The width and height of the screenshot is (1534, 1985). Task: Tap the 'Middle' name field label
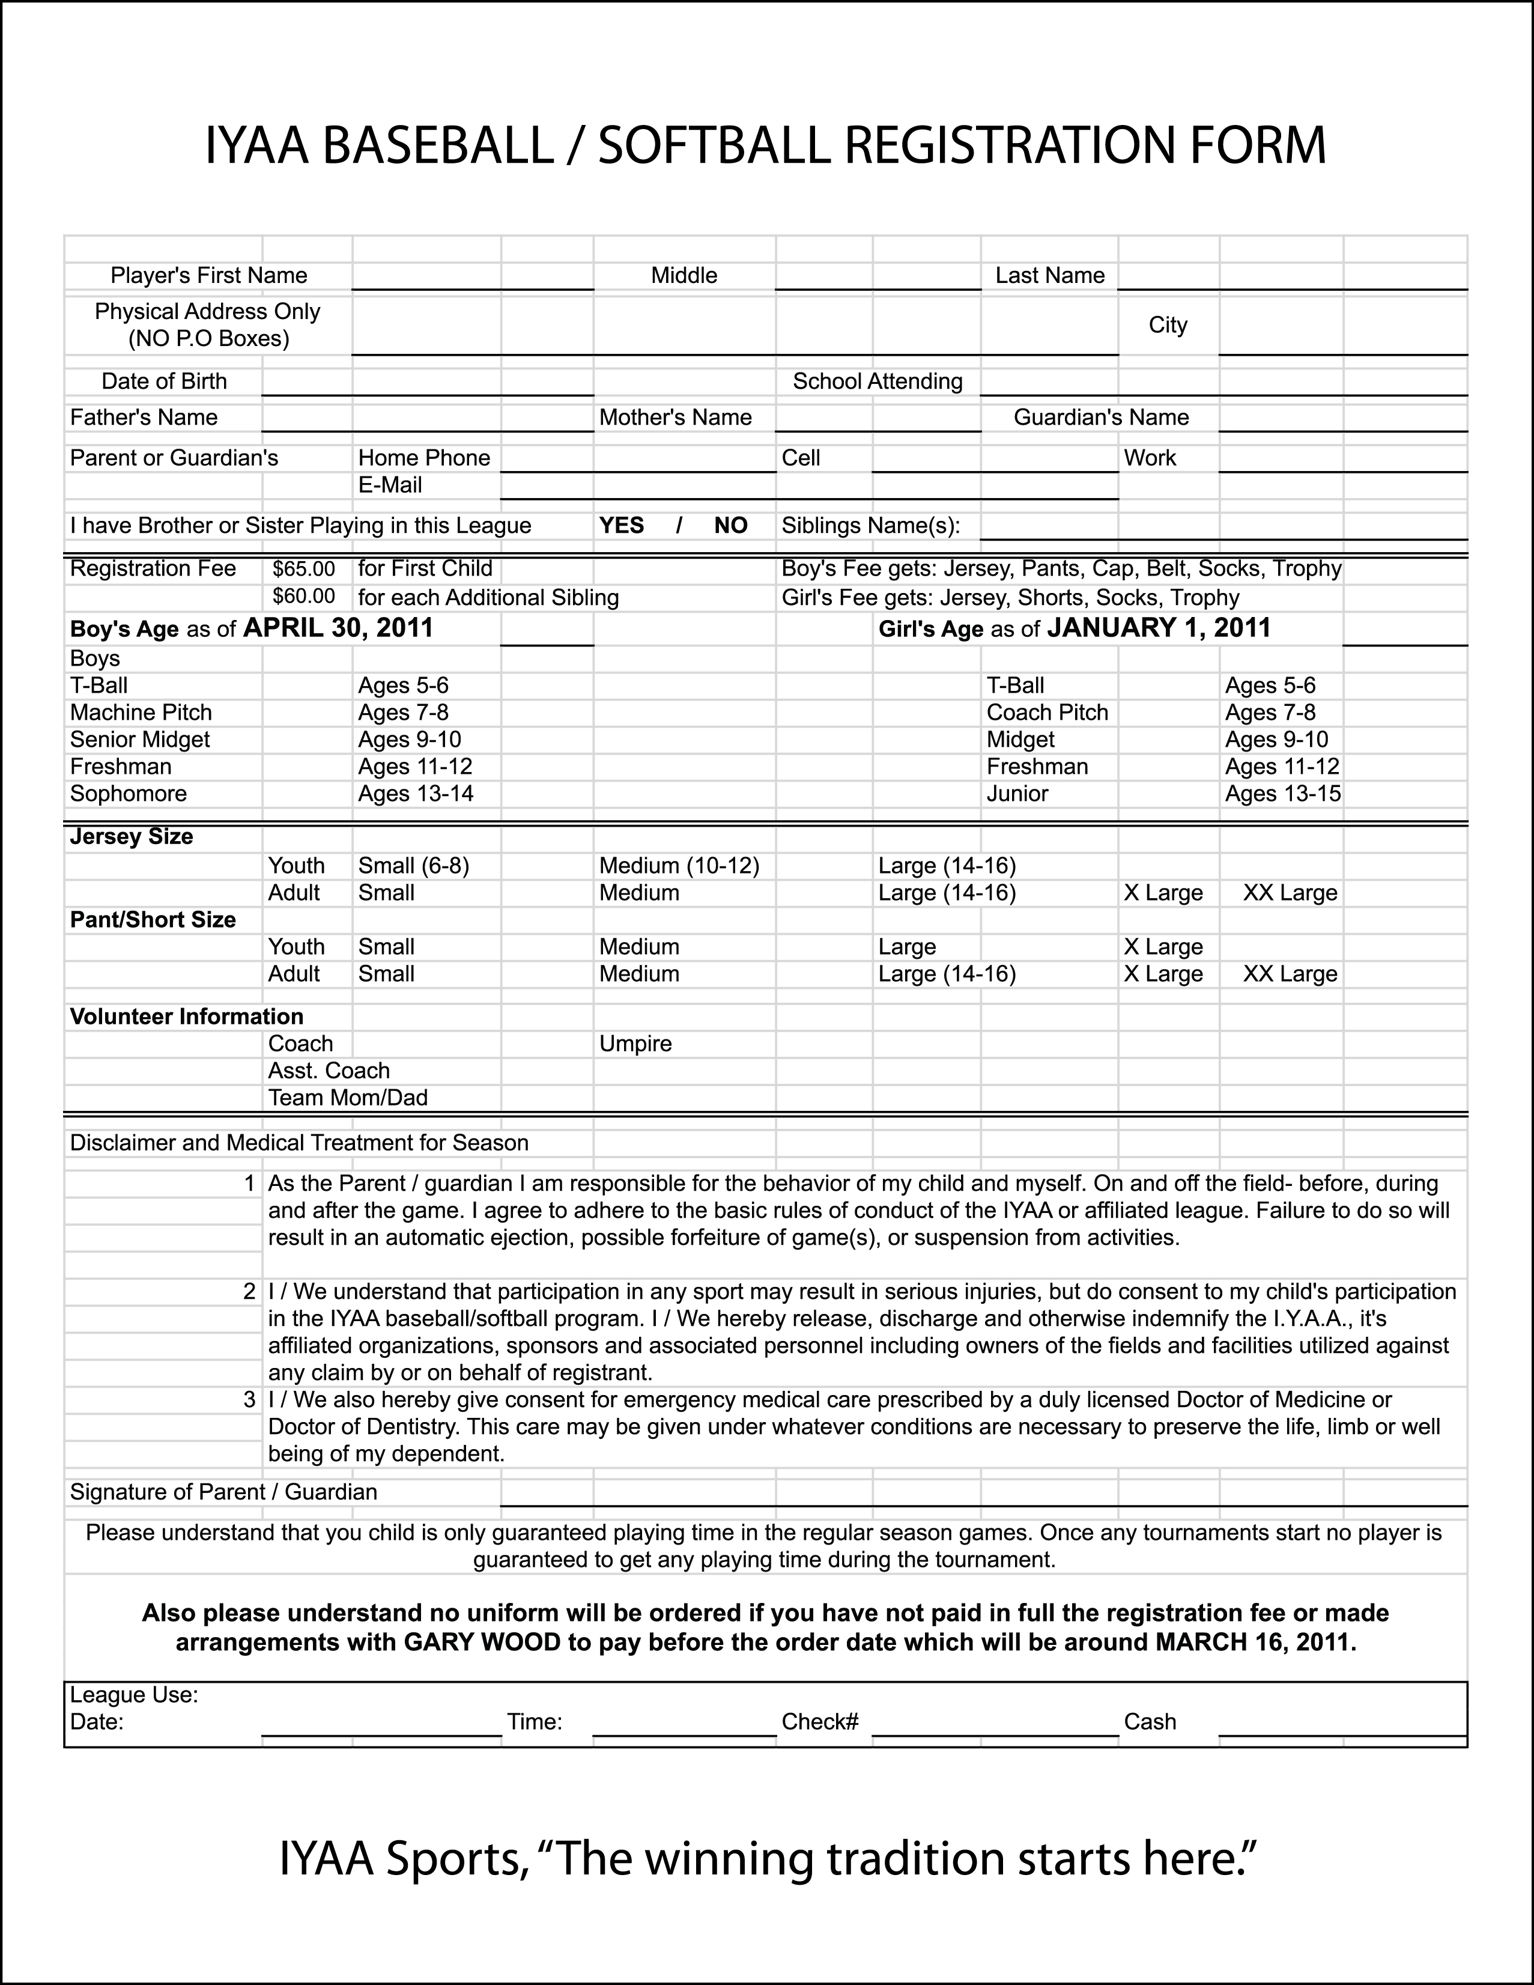(684, 275)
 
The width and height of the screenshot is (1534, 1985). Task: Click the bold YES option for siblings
(622, 525)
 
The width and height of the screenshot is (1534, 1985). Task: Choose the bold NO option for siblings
(730, 525)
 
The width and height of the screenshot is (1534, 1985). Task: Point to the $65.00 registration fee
(303, 569)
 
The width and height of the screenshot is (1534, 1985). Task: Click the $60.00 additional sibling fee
(303, 596)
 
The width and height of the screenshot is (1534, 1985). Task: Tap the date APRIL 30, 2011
(338, 628)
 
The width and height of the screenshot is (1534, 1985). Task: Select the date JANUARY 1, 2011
(1159, 628)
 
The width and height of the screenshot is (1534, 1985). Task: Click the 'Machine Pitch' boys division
(141, 713)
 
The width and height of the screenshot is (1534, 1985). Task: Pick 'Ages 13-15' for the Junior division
(1282, 794)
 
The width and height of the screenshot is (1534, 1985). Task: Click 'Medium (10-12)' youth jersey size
(679, 865)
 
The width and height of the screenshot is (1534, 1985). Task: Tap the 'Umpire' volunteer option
(635, 1044)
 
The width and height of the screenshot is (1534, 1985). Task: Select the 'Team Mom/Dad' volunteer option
(347, 1097)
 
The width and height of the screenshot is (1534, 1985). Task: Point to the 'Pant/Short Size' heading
(153, 920)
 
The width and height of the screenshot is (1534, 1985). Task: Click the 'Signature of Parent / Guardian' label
(223, 1492)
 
